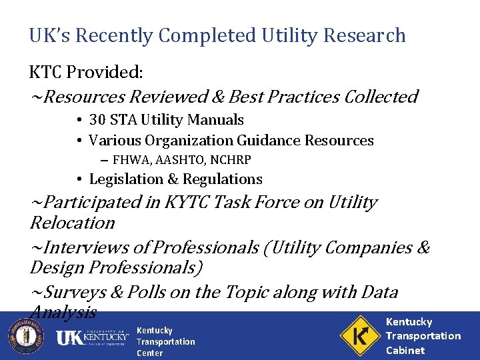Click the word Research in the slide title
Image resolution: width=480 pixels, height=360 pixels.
click(365, 35)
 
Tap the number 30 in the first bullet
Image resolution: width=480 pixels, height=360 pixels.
click(98, 120)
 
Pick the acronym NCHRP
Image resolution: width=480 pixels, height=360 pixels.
click(229, 159)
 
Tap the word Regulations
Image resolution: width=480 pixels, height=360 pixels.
click(223, 179)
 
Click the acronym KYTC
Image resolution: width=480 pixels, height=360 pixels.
click(181, 203)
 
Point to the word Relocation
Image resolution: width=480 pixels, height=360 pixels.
click(73, 223)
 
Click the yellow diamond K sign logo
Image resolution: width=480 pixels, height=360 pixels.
click(359, 336)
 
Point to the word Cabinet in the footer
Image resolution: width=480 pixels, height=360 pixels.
click(405, 350)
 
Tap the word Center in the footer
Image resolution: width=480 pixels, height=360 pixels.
click(149, 353)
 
